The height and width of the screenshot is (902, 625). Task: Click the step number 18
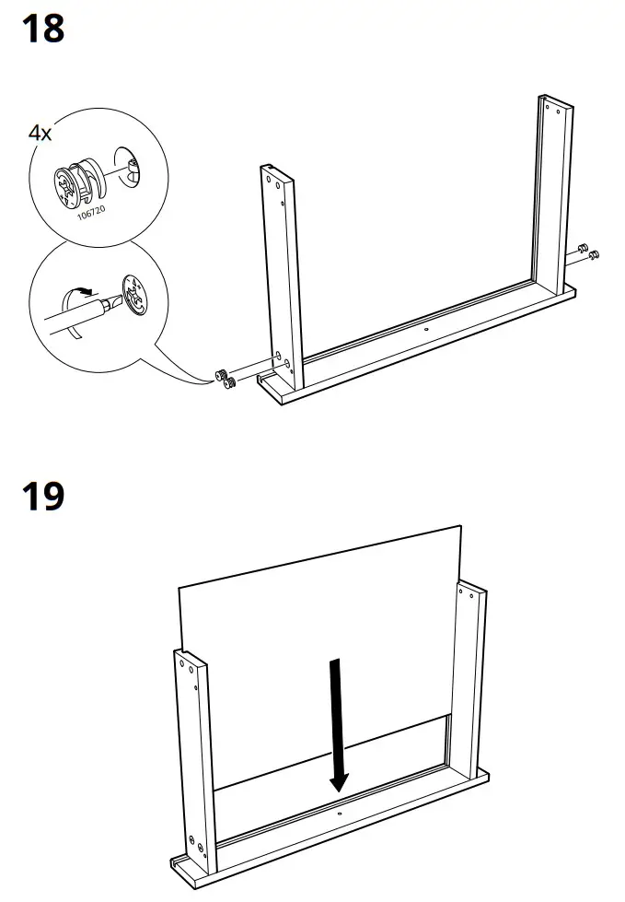[x=42, y=29]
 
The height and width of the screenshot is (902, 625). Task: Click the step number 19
[x=42, y=497]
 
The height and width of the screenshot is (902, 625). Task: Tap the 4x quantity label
[x=40, y=133]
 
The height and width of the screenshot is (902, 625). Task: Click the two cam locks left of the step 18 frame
[x=225, y=378]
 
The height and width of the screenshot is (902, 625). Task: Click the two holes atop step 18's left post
[x=274, y=182]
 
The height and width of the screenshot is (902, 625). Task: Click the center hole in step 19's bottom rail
[x=339, y=814]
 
